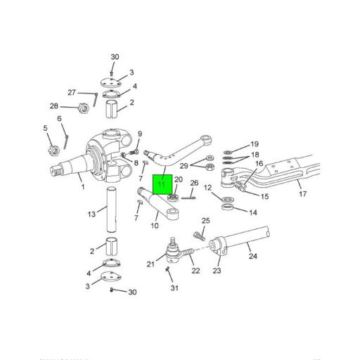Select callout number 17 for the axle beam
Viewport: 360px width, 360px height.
[x=302, y=194]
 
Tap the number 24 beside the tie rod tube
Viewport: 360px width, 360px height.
[x=253, y=256]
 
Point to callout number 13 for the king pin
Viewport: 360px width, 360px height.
[x=91, y=214]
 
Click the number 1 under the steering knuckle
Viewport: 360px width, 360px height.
[x=83, y=187]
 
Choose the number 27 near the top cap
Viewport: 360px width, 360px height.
[x=71, y=92]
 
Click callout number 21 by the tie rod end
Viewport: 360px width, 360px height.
[x=150, y=264]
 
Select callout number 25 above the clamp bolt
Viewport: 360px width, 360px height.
[x=205, y=221]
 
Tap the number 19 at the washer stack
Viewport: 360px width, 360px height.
[x=255, y=144]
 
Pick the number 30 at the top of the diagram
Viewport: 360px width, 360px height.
[x=115, y=57]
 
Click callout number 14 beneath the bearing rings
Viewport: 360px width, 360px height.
[x=252, y=211]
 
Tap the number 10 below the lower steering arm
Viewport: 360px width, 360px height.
[x=154, y=226]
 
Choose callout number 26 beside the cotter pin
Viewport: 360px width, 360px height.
[x=195, y=184]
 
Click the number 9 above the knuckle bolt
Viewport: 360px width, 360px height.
[x=140, y=134]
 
